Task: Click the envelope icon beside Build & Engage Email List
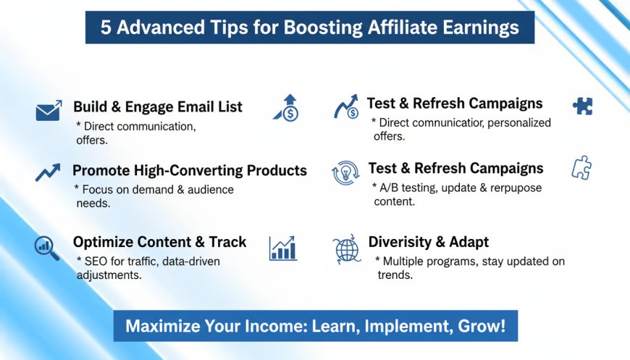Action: (49, 111)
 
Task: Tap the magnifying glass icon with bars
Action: (46, 248)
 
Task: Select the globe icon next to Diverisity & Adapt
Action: (346, 249)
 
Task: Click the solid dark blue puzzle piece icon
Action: (583, 106)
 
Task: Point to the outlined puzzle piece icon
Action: (581, 167)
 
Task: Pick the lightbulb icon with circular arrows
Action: (345, 173)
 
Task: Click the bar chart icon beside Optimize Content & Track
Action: (283, 248)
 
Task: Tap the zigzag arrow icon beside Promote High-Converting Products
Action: (48, 172)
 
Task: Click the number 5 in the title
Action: (106, 28)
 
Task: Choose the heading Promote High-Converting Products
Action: (190, 170)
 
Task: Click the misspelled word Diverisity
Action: (400, 242)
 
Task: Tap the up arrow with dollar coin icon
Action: (287, 108)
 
